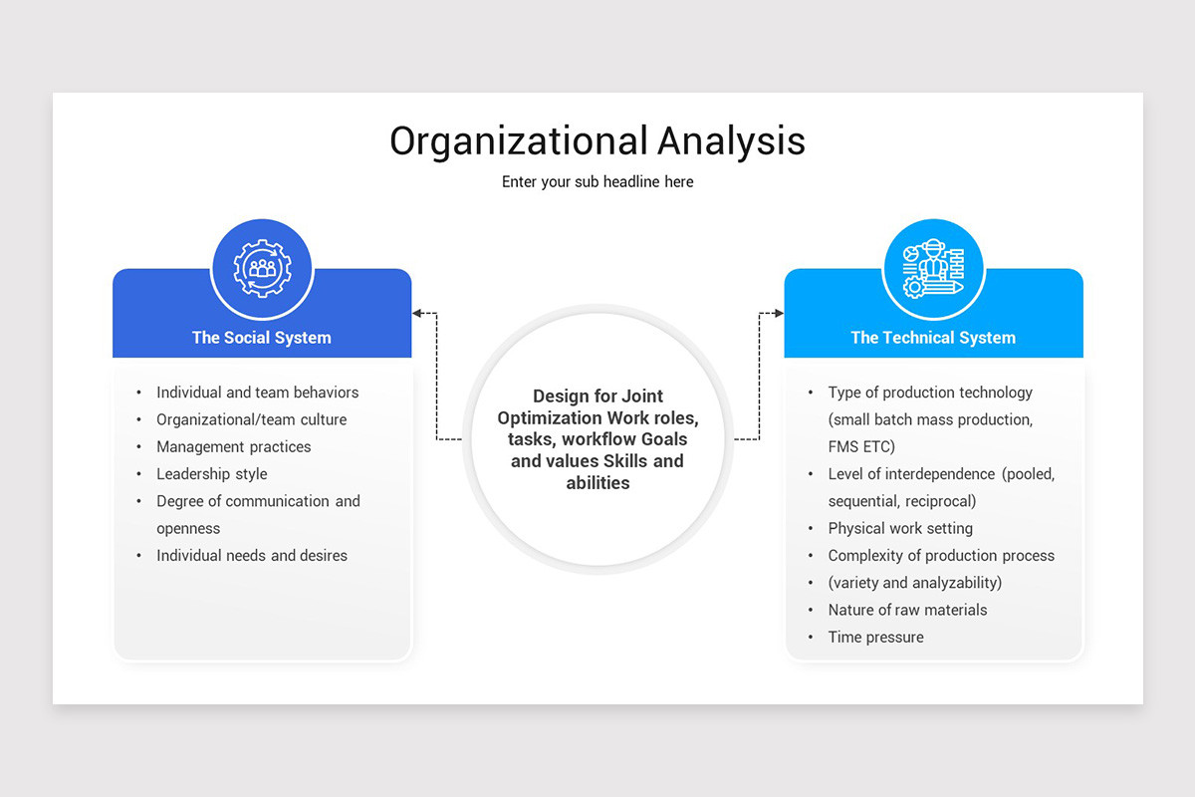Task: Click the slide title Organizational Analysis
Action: tap(597, 140)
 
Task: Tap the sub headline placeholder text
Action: tap(597, 182)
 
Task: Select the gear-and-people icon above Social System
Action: tap(262, 269)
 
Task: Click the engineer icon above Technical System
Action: tap(933, 269)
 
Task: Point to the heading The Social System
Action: tap(262, 338)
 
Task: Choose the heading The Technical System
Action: tap(933, 338)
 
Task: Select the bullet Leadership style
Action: tap(212, 474)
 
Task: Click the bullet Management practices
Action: tap(234, 447)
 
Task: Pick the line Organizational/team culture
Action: tap(252, 420)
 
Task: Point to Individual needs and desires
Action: tap(252, 556)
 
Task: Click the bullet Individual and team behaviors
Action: tap(258, 393)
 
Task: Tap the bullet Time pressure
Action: tap(876, 638)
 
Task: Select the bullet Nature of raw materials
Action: tap(908, 610)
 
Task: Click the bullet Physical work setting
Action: tap(901, 529)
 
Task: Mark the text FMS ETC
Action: tap(861, 447)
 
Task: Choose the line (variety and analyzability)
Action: tap(915, 583)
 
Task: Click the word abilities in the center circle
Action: tap(597, 483)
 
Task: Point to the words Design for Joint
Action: tap(597, 397)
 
